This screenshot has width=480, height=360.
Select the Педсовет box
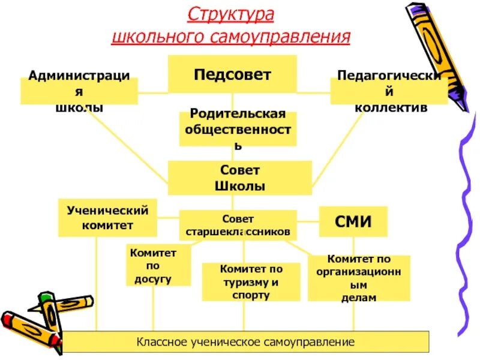point(232,74)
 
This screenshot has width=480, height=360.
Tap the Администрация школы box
point(79,91)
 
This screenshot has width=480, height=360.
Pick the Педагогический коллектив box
point(389,91)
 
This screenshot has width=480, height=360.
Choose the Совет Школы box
point(239,178)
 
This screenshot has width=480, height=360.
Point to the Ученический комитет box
point(107,217)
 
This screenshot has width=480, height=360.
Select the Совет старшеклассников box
point(238,225)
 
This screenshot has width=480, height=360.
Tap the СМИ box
point(353,222)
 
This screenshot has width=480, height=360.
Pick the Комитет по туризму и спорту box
point(251,281)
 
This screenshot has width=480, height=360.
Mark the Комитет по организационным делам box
point(359,278)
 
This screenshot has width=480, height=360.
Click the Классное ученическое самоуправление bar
point(246,342)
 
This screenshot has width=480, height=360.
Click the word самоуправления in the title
point(280,37)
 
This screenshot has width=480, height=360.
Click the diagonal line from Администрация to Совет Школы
point(129,144)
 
